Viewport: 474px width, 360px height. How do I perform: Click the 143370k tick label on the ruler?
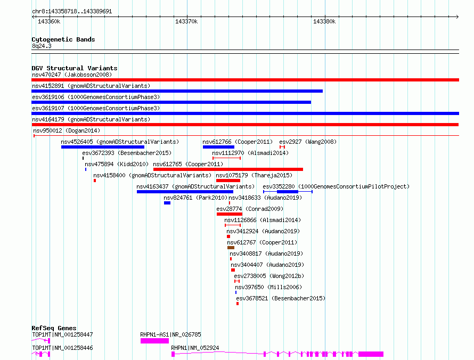pos(186,21)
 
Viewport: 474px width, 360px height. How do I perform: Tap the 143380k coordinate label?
pos(324,21)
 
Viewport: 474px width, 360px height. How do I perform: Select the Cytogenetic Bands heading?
pos(63,39)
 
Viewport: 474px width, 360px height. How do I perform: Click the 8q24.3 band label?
pos(42,46)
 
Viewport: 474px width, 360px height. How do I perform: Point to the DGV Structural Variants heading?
pos(75,68)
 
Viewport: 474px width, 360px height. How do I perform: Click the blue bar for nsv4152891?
pos(177,91)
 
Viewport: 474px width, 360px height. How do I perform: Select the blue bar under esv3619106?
pos(171,102)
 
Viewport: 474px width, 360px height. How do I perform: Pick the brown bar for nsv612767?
pos(231,248)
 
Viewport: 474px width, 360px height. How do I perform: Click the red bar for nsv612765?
pos(228,169)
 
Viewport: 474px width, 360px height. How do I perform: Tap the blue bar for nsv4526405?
pos(103,147)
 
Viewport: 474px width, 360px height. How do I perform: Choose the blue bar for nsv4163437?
pos(185,192)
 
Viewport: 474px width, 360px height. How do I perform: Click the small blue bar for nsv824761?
pos(167,203)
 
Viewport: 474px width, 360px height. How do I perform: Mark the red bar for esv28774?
pos(230,214)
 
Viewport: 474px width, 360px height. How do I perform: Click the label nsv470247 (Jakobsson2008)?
pos(72,75)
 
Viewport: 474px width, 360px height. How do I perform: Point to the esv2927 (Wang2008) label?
pos(308,142)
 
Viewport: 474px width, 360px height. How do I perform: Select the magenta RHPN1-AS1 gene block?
pos(154,341)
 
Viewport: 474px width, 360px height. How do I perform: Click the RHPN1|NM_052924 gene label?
pos(195,348)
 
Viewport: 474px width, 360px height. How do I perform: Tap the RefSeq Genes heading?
pos(54,328)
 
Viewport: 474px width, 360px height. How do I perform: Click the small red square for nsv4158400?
pos(95,181)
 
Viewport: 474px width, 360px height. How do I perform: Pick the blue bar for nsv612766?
pos(218,147)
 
